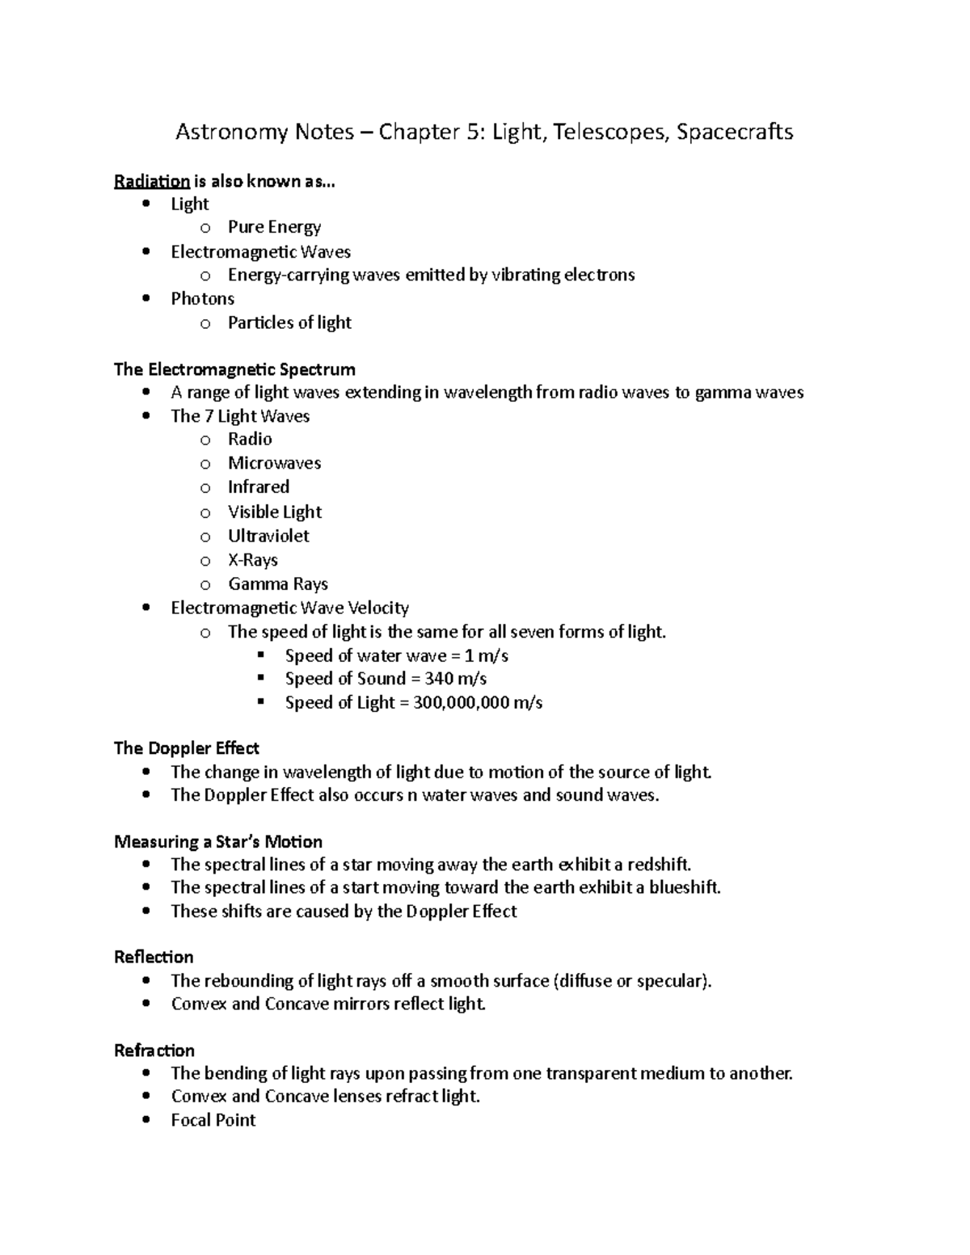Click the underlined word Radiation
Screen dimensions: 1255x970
(152, 181)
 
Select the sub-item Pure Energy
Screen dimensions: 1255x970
(274, 227)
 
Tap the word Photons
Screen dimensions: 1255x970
(202, 299)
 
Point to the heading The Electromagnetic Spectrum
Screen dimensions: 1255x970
(234, 370)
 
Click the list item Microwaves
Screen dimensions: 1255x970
(274, 463)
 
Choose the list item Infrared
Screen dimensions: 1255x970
(258, 487)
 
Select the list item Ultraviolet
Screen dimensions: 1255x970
(268, 536)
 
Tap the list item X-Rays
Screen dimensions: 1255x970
(252, 560)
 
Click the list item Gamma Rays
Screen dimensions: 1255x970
(277, 584)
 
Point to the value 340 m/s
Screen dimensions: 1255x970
(455, 679)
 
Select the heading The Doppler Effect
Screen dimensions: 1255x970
(186, 748)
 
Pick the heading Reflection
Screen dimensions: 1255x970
(154, 958)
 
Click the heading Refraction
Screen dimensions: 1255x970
(154, 1051)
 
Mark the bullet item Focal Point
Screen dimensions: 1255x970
(213, 1120)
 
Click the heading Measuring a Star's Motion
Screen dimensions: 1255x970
(218, 842)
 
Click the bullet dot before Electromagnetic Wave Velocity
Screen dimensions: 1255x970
(145, 608)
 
